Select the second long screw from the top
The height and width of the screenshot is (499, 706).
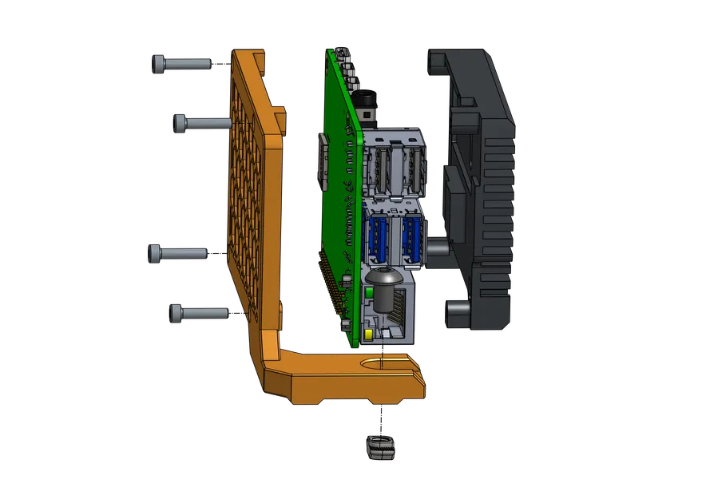(x=203, y=123)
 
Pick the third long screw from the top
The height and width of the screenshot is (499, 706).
(x=179, y=253)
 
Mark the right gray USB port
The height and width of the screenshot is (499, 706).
(x=412, y=168)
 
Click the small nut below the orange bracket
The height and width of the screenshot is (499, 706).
(x=382, y=448)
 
